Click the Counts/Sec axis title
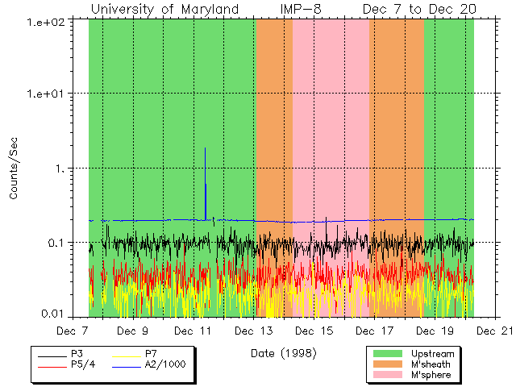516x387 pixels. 14,169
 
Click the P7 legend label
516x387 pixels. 151,353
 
